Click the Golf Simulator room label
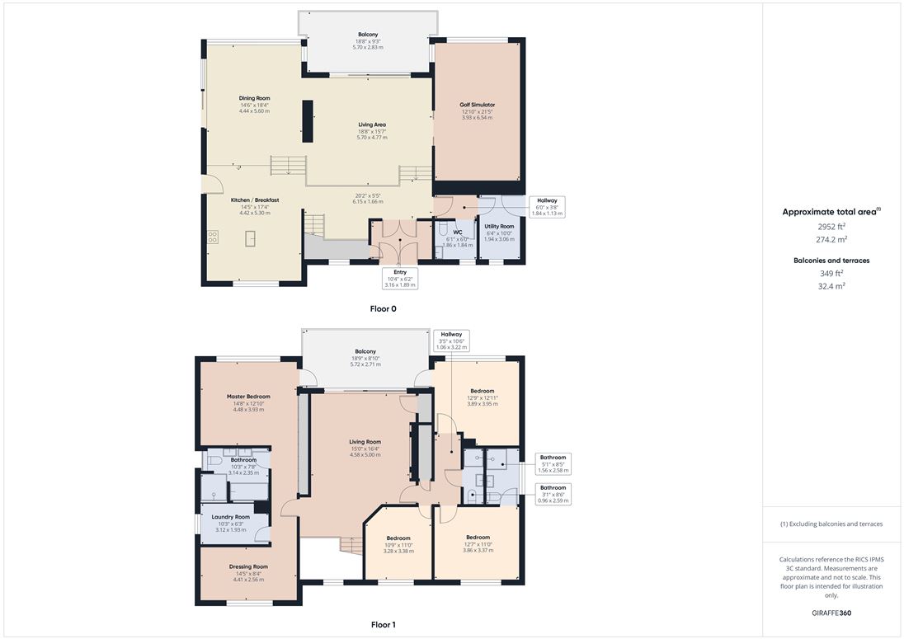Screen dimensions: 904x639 coord(477,105)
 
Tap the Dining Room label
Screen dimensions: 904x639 coord(254,98)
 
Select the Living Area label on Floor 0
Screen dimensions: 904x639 coord(372,125)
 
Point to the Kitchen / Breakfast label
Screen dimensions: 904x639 coord(255,200)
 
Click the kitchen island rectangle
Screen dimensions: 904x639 coord(250,238)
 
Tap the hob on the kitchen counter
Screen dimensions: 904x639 coord(213,237)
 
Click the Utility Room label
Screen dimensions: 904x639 coord(499,227)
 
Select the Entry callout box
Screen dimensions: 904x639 coord(400,278)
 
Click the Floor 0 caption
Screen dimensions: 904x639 coord(383,309)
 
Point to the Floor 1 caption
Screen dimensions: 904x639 coord(383,625)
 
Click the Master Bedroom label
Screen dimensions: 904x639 coord(248,397)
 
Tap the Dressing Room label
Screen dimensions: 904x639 coord(248,566)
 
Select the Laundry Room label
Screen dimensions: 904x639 coord(231,517)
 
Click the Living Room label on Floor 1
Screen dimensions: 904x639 coord(365,442)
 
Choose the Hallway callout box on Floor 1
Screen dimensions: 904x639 coord(451,341)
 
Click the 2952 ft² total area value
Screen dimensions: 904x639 coord(831,227)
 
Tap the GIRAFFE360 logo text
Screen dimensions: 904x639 coord(831,613)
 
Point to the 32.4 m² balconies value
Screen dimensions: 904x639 coord(831,286)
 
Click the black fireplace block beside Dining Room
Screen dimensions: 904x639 coord(308,121)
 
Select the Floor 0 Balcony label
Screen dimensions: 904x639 coord(368,35)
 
